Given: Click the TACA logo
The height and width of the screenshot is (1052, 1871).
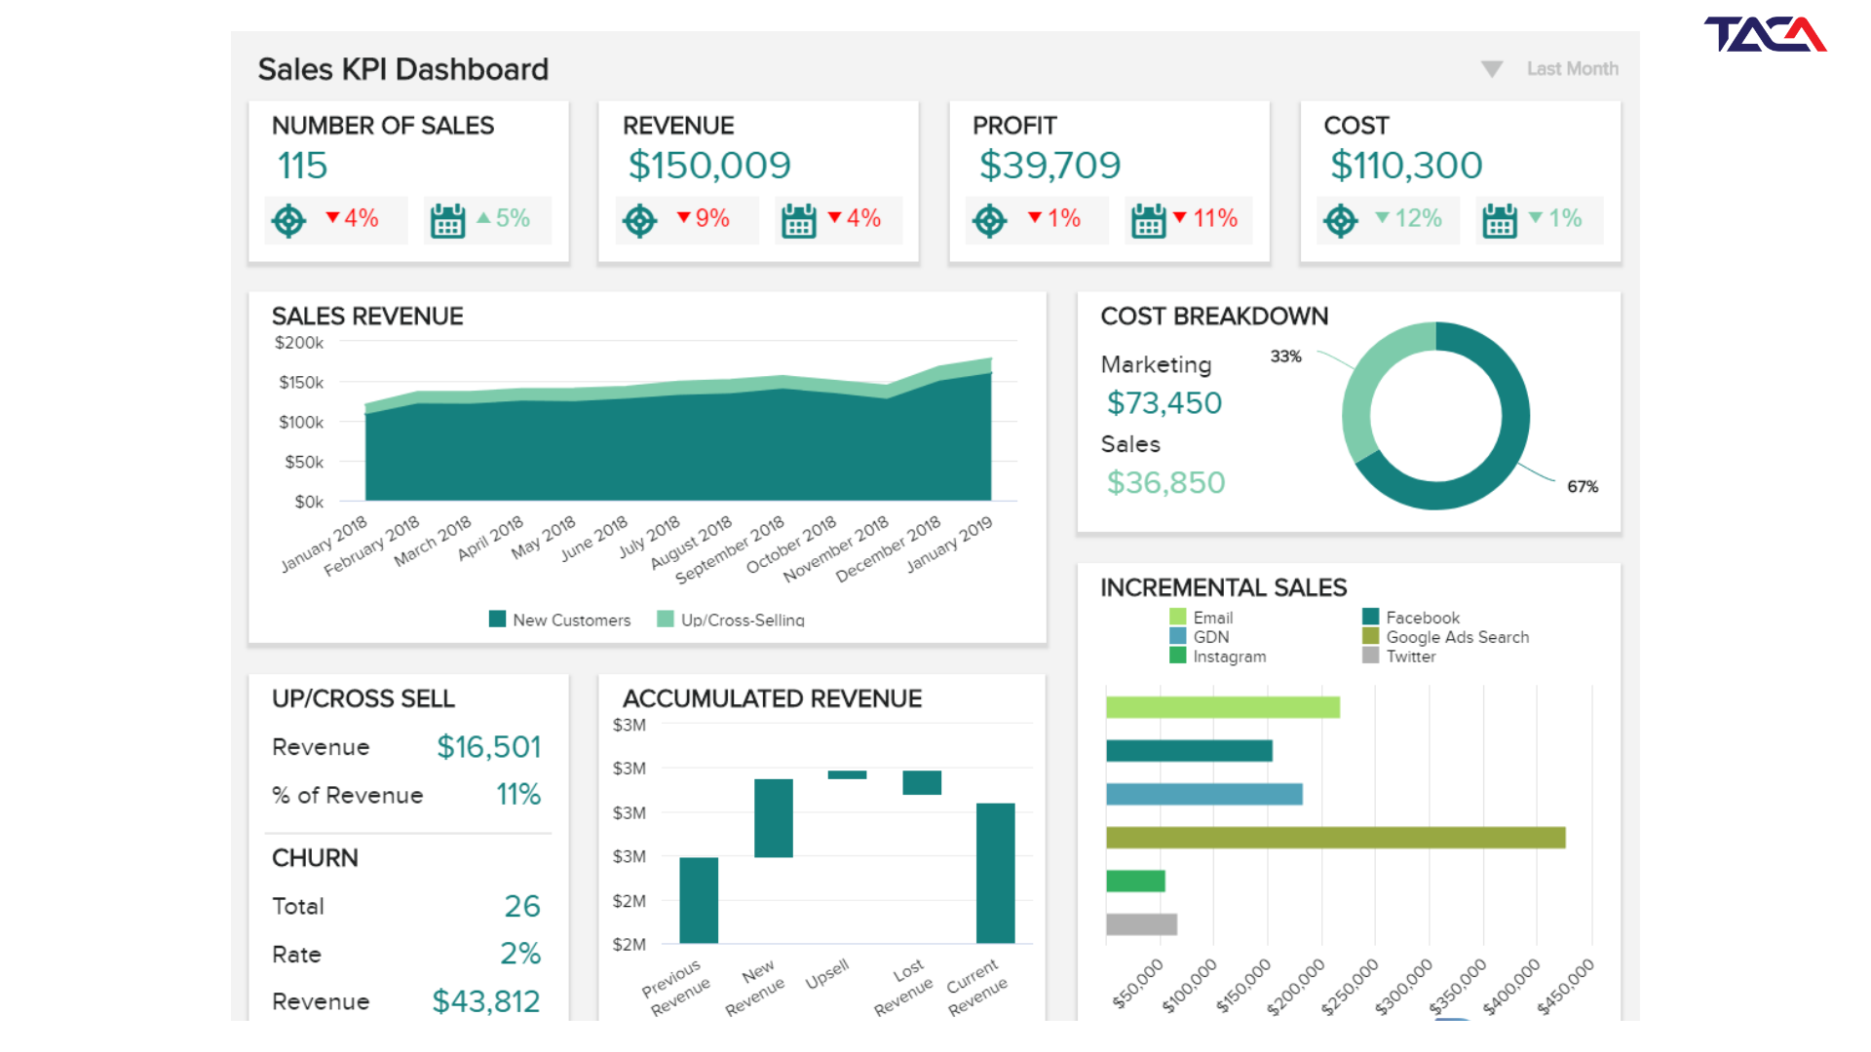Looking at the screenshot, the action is point(1765,34).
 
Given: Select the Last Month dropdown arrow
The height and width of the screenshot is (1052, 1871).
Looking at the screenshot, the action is point(1492,69).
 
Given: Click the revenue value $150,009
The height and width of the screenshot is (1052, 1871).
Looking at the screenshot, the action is point(709,166).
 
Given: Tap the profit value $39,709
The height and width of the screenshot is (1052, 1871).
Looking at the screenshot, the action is point(1050,166).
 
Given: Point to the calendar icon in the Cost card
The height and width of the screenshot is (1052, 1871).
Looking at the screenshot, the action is point(1500,221).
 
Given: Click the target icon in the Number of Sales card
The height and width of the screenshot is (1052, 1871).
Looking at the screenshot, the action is point(288,221).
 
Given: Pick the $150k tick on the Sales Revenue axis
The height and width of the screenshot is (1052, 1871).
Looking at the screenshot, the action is point(301,383).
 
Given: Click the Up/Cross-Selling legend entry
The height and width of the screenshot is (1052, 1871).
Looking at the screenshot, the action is point(731,620).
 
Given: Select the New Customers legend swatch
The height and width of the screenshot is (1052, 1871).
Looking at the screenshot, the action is point(497,620).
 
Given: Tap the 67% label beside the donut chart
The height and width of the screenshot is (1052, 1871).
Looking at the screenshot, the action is point(1583,487).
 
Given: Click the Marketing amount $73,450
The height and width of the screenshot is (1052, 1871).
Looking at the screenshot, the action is point(1165,403).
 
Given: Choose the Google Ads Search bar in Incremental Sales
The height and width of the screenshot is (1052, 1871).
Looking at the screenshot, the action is point(1336,838).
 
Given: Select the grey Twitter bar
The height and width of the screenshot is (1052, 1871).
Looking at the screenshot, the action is point(1141,924).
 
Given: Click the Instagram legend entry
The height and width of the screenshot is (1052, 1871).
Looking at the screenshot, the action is point(1218,657).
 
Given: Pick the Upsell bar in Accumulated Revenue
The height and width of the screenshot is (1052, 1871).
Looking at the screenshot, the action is point(847,775).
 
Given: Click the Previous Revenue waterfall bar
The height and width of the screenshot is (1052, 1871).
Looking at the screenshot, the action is point(699,900).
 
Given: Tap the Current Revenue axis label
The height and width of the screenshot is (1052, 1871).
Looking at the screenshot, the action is point(976,987).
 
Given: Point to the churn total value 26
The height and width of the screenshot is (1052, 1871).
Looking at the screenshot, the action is point(522,907).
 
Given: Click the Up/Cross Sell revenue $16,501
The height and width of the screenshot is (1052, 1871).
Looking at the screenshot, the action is point(489,747).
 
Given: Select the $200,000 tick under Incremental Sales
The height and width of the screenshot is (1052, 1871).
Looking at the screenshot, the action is point(1297,986).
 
